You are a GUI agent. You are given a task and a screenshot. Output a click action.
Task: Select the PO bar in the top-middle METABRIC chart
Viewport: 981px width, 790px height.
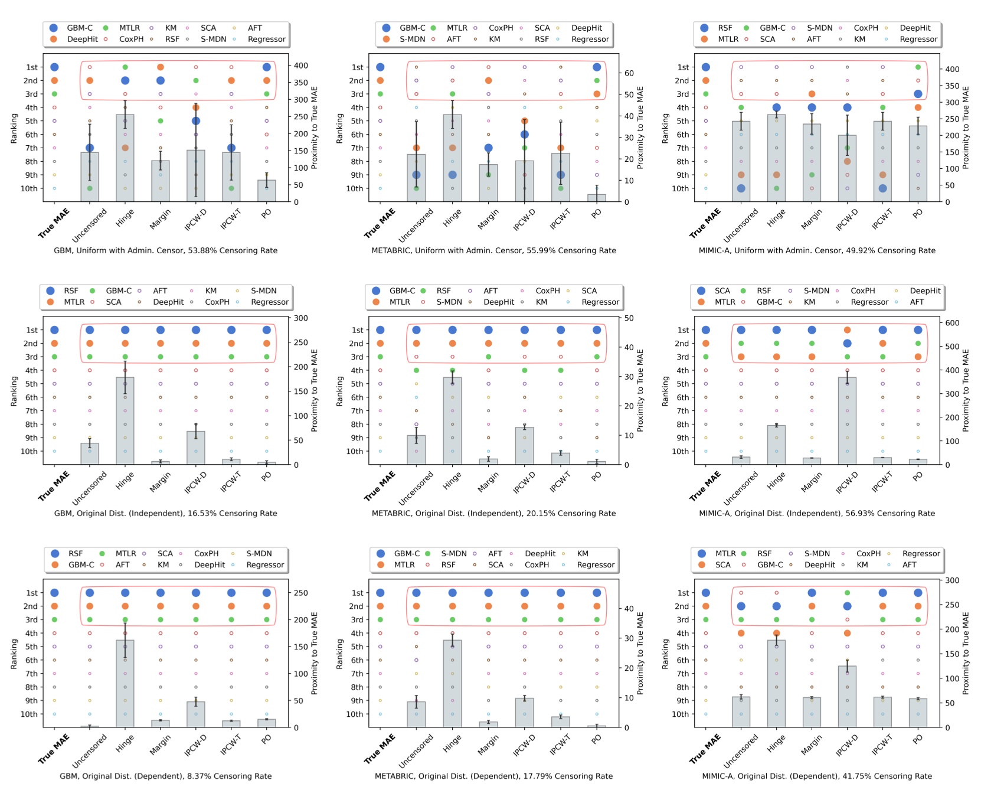click(596, 198)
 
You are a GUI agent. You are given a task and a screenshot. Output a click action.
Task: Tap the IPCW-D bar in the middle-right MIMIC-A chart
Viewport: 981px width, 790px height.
click(846, 420)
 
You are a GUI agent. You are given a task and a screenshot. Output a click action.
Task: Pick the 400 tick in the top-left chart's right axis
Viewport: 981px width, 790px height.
click(301, 66)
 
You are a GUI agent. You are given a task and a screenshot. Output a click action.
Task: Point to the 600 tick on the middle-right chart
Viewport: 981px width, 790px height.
click(952, 323)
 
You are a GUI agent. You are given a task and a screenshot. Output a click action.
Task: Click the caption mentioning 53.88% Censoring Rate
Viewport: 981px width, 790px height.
click(166, 250)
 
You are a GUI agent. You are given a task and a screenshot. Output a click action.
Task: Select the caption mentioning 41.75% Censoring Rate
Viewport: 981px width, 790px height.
click(817, 776)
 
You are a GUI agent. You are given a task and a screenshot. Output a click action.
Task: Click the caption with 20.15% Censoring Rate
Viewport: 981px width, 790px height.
click(493, 513)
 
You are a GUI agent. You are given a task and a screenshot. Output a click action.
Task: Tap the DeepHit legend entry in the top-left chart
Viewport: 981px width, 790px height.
click(82, 39)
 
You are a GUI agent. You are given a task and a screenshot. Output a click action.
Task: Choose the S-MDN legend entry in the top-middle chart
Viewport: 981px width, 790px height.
click(412, 39)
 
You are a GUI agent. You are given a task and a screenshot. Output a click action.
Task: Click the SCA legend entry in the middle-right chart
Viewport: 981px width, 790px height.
click(722, 290)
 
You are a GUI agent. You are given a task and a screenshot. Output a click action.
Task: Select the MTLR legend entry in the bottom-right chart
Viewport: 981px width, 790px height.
click(725, 553)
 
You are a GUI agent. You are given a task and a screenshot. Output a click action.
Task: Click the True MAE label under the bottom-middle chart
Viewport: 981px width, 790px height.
click(379, 749)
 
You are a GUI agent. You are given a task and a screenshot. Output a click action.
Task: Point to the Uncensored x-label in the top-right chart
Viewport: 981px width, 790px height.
click(740, 225)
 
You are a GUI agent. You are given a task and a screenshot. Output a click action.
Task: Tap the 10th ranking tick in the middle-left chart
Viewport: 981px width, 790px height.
click(29, 451)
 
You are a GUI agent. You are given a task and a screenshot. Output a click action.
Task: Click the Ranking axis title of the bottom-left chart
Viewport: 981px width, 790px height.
click(14, 654)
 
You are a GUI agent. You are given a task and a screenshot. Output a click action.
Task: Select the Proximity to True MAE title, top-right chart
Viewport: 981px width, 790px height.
click(966, 128)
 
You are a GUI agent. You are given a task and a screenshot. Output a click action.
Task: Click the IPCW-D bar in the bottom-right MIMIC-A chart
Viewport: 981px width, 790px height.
click(846, 697)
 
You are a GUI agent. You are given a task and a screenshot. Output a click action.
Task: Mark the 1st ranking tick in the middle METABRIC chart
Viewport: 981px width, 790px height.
click(357, 330)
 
